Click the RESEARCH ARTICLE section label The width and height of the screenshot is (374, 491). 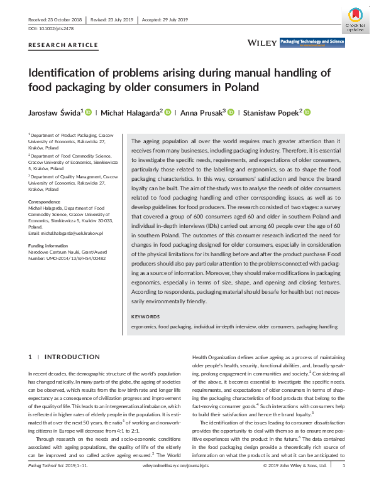tap(63, 45)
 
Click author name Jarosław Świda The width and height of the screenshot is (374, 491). tap(53, 113)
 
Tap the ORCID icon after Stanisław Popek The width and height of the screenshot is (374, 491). tap(307, 112)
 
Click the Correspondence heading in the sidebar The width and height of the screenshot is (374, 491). tap(45, 202)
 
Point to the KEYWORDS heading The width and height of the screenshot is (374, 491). tap(146, 316)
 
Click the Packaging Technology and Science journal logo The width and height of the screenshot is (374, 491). tap(312, 42)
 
